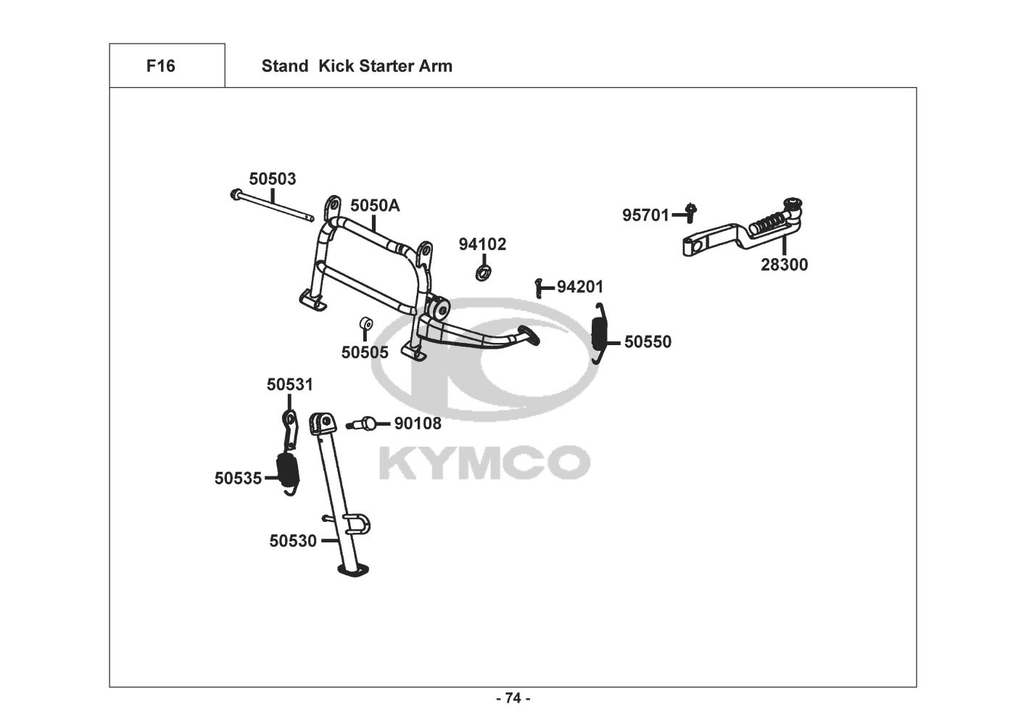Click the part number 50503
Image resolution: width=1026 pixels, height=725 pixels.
273,179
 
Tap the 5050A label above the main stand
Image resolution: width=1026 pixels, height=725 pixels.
375,206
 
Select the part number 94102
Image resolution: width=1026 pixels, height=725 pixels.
482,244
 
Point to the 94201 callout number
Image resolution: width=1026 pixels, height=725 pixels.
579,287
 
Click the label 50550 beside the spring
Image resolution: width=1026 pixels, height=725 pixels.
648,342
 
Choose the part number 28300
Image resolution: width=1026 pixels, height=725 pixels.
784,265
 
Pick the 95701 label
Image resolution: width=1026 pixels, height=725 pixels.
645,215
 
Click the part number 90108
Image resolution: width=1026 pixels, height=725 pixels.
417,423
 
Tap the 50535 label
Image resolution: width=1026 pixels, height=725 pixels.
238,478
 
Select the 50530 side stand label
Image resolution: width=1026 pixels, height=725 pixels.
293,541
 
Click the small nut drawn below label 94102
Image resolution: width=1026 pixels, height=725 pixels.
481,273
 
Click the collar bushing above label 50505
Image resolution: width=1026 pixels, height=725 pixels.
366,322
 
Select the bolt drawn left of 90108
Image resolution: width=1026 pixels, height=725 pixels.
363,423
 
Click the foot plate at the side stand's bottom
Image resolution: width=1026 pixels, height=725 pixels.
355,571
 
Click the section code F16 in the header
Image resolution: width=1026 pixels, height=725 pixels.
160,66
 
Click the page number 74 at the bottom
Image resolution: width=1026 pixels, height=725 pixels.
513,698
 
